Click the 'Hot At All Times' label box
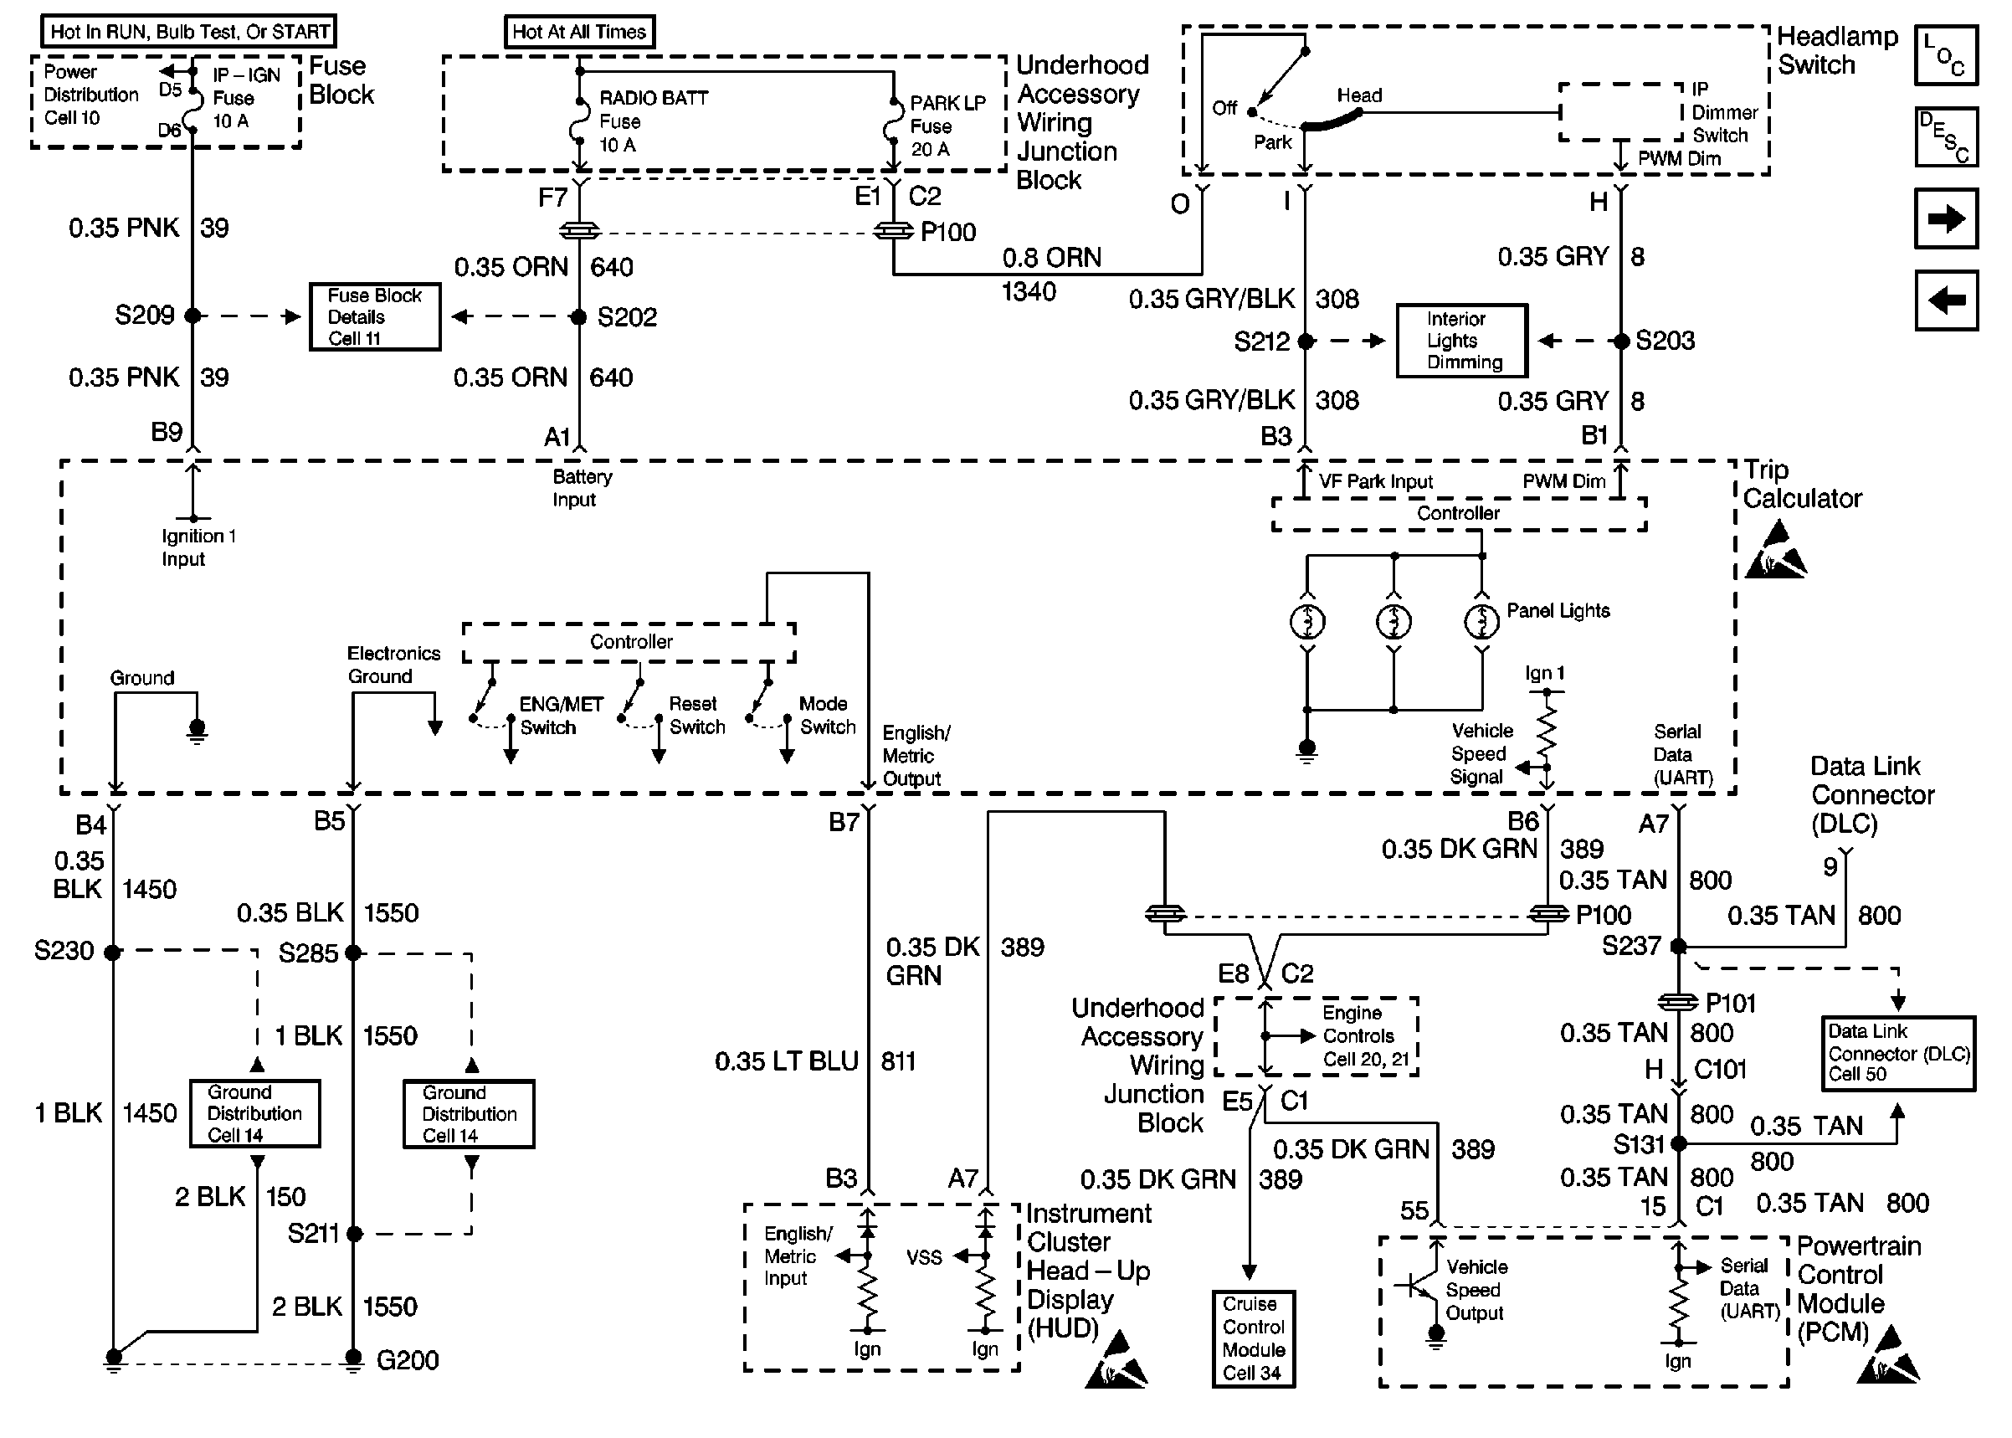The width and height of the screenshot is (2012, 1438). [x=579, y=32]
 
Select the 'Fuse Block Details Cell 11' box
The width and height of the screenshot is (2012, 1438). [x=374, y=317]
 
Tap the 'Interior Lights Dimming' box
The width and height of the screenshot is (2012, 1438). [x=1461, y=341]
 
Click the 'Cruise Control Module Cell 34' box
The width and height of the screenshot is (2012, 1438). [x=1253, y=1338]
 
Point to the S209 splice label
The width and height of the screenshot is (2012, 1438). [x=144, y=316]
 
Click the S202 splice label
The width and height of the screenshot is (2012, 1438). [x=627, y=317]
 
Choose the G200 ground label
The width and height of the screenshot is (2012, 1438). [x=408, y=1359]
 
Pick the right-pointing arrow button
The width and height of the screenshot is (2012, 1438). [x=1946, y=218]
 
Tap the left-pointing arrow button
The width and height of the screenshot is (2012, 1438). [x=1946, y=301]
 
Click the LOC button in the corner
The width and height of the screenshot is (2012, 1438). [x=1946, y=56]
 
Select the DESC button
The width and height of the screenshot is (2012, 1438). [x=1946, y=137]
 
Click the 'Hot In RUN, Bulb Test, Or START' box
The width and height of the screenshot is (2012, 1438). [x=188, y=32]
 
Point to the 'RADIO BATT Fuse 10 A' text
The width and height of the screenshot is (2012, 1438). [x=654, y=121]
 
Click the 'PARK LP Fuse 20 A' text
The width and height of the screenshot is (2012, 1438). [x=947, y=126]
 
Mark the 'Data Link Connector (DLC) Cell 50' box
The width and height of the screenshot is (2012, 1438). [x=1898, y=1053]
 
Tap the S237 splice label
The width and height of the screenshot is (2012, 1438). [x=1630, y=946]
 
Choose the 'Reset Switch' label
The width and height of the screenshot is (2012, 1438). [x=696, y=716]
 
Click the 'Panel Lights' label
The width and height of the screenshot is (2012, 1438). [x=1558, y=611]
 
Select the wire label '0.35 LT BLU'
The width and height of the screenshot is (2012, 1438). [x=786, y=1061]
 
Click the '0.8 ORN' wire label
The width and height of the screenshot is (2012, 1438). [x=1051, y=258]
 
